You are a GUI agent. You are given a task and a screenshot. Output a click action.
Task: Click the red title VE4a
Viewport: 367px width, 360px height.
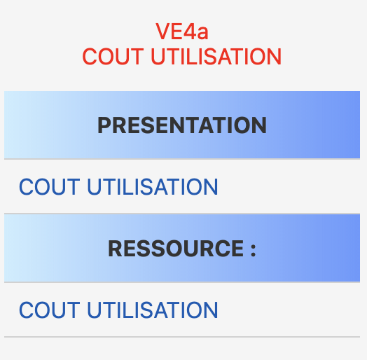[x=182, y=31]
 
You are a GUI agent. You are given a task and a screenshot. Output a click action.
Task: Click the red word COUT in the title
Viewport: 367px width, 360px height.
[x=113, y=56]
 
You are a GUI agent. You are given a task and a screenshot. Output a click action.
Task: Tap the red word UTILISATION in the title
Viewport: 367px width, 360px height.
[x=216, y=56]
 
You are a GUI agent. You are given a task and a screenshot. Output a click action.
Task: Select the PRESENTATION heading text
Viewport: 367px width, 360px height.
[x=182, y=125]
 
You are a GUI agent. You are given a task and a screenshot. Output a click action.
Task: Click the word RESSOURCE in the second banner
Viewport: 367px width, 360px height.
[x=176, y=249]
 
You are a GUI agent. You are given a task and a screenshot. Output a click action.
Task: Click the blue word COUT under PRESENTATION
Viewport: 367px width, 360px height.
[x=50, y=186]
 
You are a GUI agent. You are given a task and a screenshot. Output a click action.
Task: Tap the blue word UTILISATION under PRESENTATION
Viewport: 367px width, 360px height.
[x=153, y=186]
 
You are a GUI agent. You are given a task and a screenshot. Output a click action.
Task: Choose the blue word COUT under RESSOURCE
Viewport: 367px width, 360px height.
[x=50, y=310]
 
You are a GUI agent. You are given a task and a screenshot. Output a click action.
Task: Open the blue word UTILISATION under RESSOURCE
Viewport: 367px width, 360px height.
[x=153, y=310]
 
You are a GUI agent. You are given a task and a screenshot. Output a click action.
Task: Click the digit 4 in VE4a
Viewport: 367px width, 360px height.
[x=189, y=31]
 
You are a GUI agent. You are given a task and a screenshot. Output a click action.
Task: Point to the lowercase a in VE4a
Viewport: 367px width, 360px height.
[x=202, y=33]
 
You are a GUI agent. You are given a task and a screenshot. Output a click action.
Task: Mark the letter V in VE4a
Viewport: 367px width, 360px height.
[x=163, y=31]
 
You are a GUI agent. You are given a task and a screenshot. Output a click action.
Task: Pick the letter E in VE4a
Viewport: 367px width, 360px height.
[x=176, y=31]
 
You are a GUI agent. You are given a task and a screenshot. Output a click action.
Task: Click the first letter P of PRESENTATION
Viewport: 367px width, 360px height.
[x=105, y=125]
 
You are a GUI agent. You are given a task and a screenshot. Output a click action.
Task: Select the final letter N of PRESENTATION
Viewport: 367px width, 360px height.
[x=259, y=125]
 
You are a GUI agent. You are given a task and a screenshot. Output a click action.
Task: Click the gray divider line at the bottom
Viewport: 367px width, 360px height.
[x=182, y=337]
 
